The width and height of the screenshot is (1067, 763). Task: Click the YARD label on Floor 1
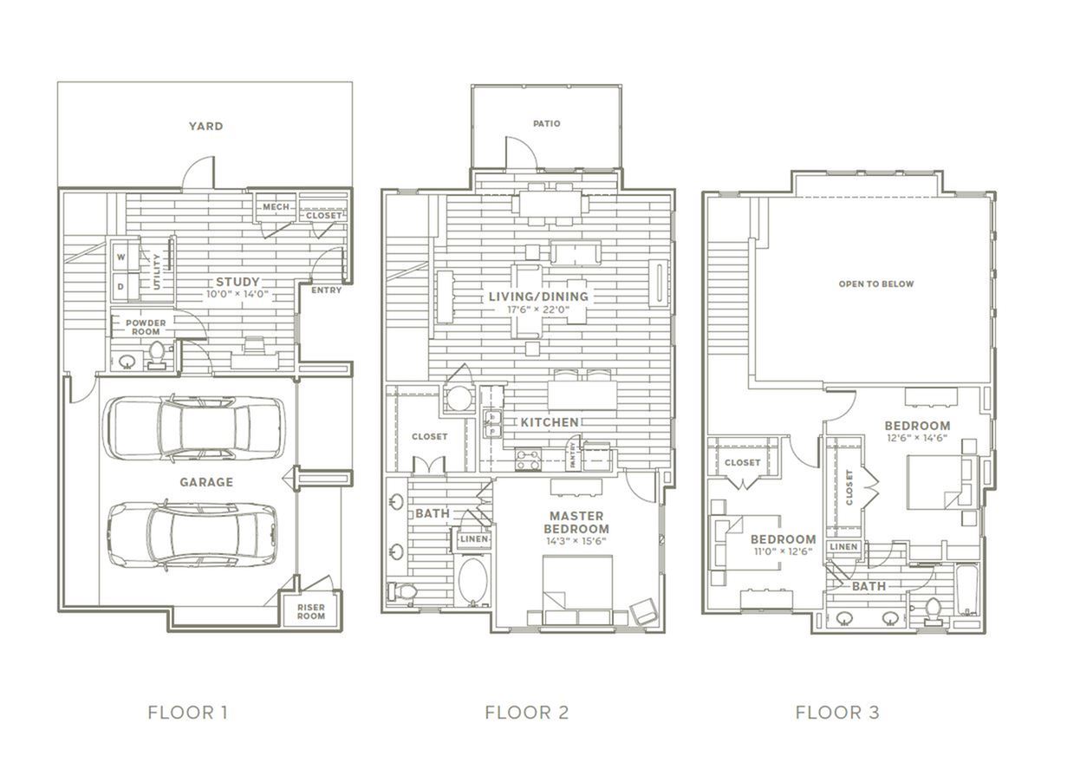205,127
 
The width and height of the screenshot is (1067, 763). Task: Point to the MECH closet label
276,207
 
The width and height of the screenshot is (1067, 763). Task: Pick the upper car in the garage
194,427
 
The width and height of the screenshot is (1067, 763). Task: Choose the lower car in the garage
192,535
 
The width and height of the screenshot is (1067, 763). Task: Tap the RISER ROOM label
311,611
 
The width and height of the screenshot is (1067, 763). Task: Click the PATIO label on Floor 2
546,123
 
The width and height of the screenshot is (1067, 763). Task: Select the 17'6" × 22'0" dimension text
538,310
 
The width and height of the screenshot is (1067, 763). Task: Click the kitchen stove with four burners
528,459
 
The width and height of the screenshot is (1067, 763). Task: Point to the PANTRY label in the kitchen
573,454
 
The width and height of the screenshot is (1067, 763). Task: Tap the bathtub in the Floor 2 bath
472,581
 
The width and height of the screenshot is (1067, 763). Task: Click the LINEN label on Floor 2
474,539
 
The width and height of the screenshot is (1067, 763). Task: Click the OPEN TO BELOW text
876,284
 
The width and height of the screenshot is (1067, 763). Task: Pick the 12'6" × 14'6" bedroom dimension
917,438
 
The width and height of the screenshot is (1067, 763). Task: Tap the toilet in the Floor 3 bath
932,612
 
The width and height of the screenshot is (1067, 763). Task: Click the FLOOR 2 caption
527,713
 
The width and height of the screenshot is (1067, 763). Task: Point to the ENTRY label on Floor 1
326,290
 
